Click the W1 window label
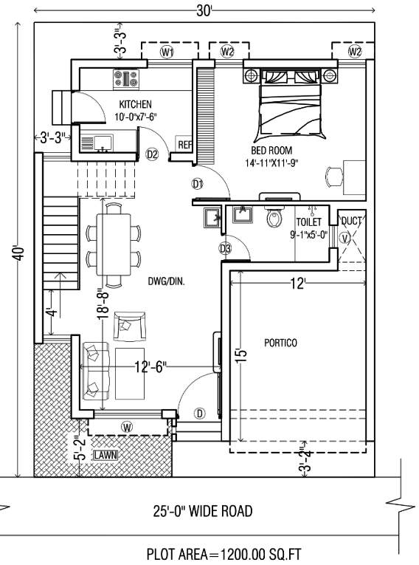[168, 52]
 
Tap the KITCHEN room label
[135, 104]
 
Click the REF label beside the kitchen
[183, 144]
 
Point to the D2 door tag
[152, 154]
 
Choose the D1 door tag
[197, 183]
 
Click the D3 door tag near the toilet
[225, 248]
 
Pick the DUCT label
[351, 221]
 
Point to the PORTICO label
[280, 343]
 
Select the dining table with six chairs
[113, 244]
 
